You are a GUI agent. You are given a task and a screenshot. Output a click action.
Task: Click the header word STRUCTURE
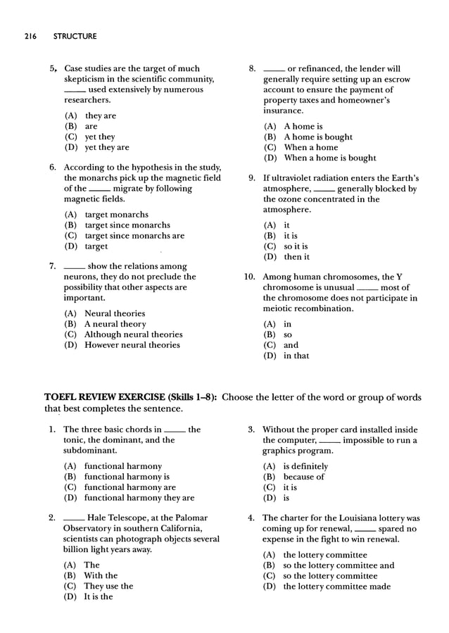point(75,36)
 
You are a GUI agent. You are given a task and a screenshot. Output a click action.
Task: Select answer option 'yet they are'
point(106,147)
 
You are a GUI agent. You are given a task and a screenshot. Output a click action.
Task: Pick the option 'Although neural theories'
point(133,334)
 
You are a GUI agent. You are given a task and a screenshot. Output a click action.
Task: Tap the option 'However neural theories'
point(132,345)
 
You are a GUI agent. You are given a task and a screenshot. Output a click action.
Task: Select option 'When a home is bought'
point(329,158)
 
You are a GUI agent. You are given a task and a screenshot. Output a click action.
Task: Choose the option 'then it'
point(296,257)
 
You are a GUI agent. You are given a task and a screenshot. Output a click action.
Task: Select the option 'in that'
point(296,356)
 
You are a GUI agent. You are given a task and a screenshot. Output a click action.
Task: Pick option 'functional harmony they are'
point(139,498)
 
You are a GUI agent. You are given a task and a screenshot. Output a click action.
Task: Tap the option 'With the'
point(101,575)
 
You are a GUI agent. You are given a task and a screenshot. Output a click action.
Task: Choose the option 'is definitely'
point(305,466)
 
